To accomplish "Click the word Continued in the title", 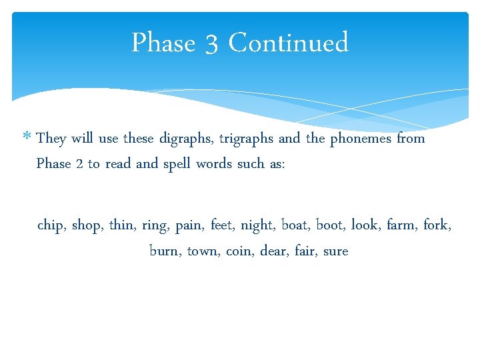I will tap(288, 43).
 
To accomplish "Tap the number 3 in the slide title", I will tap(211, 44).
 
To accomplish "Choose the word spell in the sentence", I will tap(177, 164).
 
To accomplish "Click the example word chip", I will tap(51, 225).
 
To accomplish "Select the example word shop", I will tap(86, 225).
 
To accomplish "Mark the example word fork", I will tap(437, 225).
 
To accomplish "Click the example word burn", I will tap(165, 251).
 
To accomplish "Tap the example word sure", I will tap(335, 251).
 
